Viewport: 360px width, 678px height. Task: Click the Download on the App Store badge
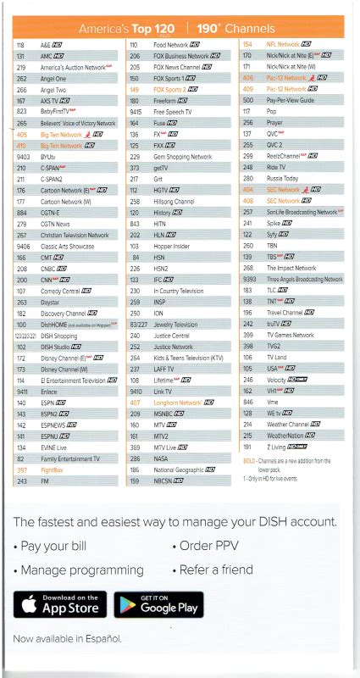[60, 604]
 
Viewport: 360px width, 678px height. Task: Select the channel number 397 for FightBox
[22, 470]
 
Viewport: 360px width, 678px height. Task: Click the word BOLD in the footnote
[249, 460]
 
